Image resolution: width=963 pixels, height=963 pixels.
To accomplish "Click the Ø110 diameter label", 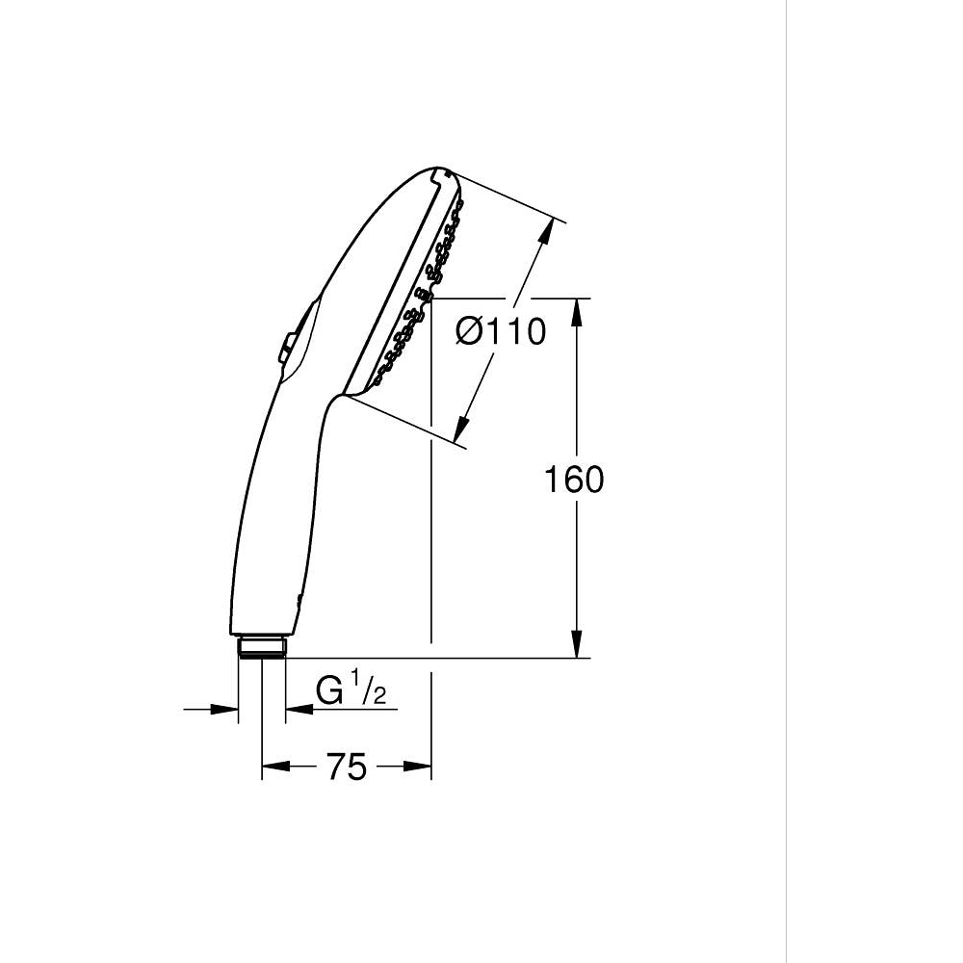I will pos(500,332).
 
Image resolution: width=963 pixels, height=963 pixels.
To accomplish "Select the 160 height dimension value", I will pos(574,479).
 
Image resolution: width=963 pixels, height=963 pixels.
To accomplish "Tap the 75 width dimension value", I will pos(346,768).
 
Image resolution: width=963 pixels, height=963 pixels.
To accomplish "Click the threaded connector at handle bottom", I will pos(261,645).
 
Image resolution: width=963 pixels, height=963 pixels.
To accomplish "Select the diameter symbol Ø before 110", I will pos(468,332).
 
